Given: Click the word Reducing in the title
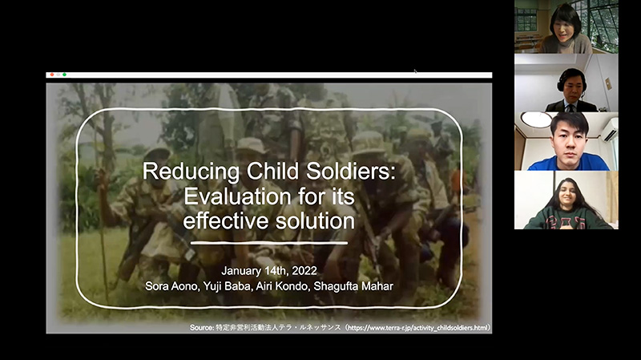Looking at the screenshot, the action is click(191, 172).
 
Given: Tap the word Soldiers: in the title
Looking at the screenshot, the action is click(351, 171).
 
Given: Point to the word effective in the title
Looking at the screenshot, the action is click(226, 221).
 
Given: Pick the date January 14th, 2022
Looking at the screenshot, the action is click(269, 271).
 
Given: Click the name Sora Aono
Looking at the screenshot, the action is click(171, 286).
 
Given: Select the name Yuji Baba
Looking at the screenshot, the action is click(227, 286).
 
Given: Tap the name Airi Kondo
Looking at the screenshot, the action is click(282, 286).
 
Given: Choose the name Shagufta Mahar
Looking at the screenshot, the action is click(353, 286).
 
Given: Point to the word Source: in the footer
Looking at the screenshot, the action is click(202, 328).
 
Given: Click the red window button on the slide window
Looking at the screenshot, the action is click(52, 75).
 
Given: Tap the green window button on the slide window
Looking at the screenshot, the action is click(64, 75).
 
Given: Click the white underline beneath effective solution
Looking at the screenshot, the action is click(269, 243).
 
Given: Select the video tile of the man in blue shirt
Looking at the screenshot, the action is click(566, 141).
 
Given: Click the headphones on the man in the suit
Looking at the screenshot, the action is click(571, 79).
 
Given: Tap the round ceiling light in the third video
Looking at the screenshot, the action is click(536, 119).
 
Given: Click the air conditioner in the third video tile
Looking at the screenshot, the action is click(609, 130).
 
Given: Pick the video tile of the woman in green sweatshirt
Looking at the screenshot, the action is click(566, 200).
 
